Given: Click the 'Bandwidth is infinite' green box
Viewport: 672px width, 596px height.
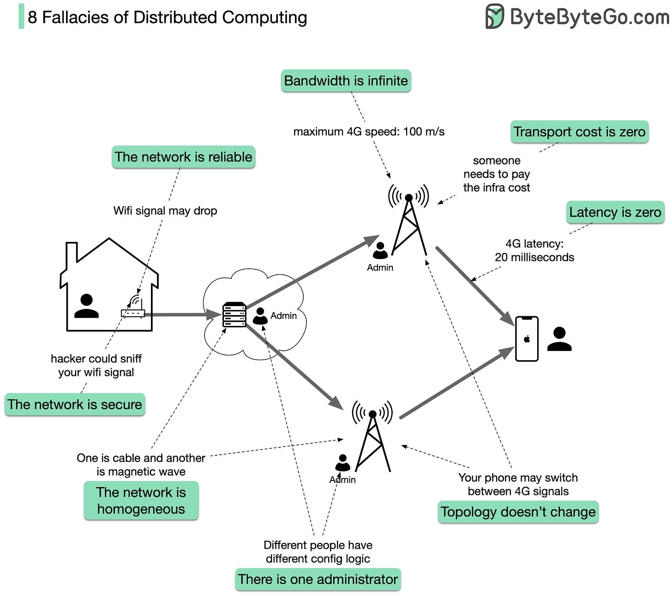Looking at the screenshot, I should coord(346,81).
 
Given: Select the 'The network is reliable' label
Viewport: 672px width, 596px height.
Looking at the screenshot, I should coord(183,157).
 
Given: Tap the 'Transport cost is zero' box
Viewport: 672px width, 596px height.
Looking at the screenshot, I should coord(579,132).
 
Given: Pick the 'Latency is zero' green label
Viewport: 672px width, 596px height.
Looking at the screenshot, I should coord(615,212).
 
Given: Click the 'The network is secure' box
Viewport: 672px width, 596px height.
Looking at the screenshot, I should coord(75,404).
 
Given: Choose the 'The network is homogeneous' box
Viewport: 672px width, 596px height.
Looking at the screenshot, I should coord(141,500).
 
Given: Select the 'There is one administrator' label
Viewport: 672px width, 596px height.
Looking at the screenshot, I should coord(318,579).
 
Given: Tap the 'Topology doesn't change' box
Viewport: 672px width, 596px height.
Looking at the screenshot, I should coord(518,512).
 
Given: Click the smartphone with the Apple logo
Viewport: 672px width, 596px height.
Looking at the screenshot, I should coord(527,338).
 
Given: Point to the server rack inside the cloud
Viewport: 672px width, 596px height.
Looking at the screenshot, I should coord(234,314).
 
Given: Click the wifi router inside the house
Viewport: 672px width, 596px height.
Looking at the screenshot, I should coord(133,309).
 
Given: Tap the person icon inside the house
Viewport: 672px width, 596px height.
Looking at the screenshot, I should coord(86,306).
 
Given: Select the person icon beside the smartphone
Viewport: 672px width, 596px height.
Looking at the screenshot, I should coord(559,339).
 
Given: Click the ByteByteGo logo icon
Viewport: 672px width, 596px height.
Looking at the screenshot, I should coord(495,17).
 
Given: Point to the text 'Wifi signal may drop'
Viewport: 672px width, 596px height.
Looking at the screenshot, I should coord(165,211).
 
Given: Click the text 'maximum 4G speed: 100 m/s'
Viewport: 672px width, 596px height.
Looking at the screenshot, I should coord(369,132).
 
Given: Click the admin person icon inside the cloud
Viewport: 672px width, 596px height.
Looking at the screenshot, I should coord(260,316).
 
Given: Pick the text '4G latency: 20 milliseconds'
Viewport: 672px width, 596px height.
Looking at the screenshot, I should coord(534,251).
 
